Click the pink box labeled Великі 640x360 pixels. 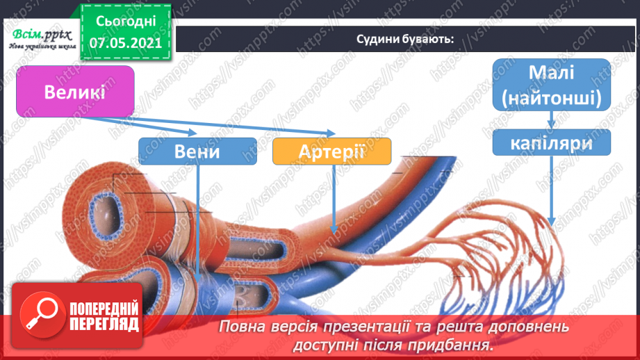point(74,91)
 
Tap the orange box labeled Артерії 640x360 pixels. point(332,151)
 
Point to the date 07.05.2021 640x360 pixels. point(125,42)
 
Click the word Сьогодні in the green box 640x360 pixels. point(126,22)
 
